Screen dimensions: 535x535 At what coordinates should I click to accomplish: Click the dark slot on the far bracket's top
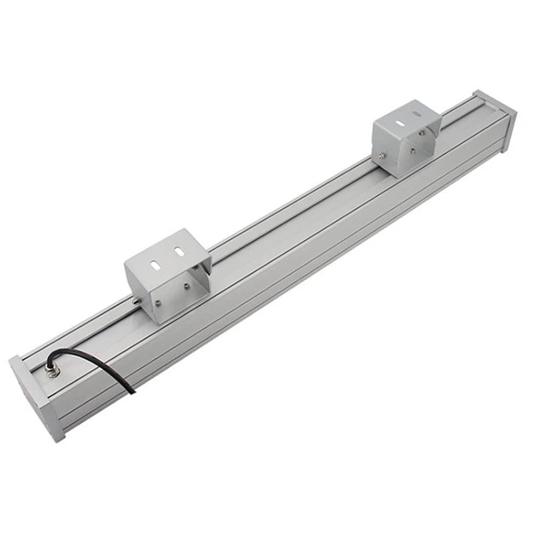coord(415,114)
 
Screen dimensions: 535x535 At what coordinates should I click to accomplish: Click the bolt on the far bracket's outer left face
coord(381,156)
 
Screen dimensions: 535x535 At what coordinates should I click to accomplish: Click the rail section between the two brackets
coord(293,227)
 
